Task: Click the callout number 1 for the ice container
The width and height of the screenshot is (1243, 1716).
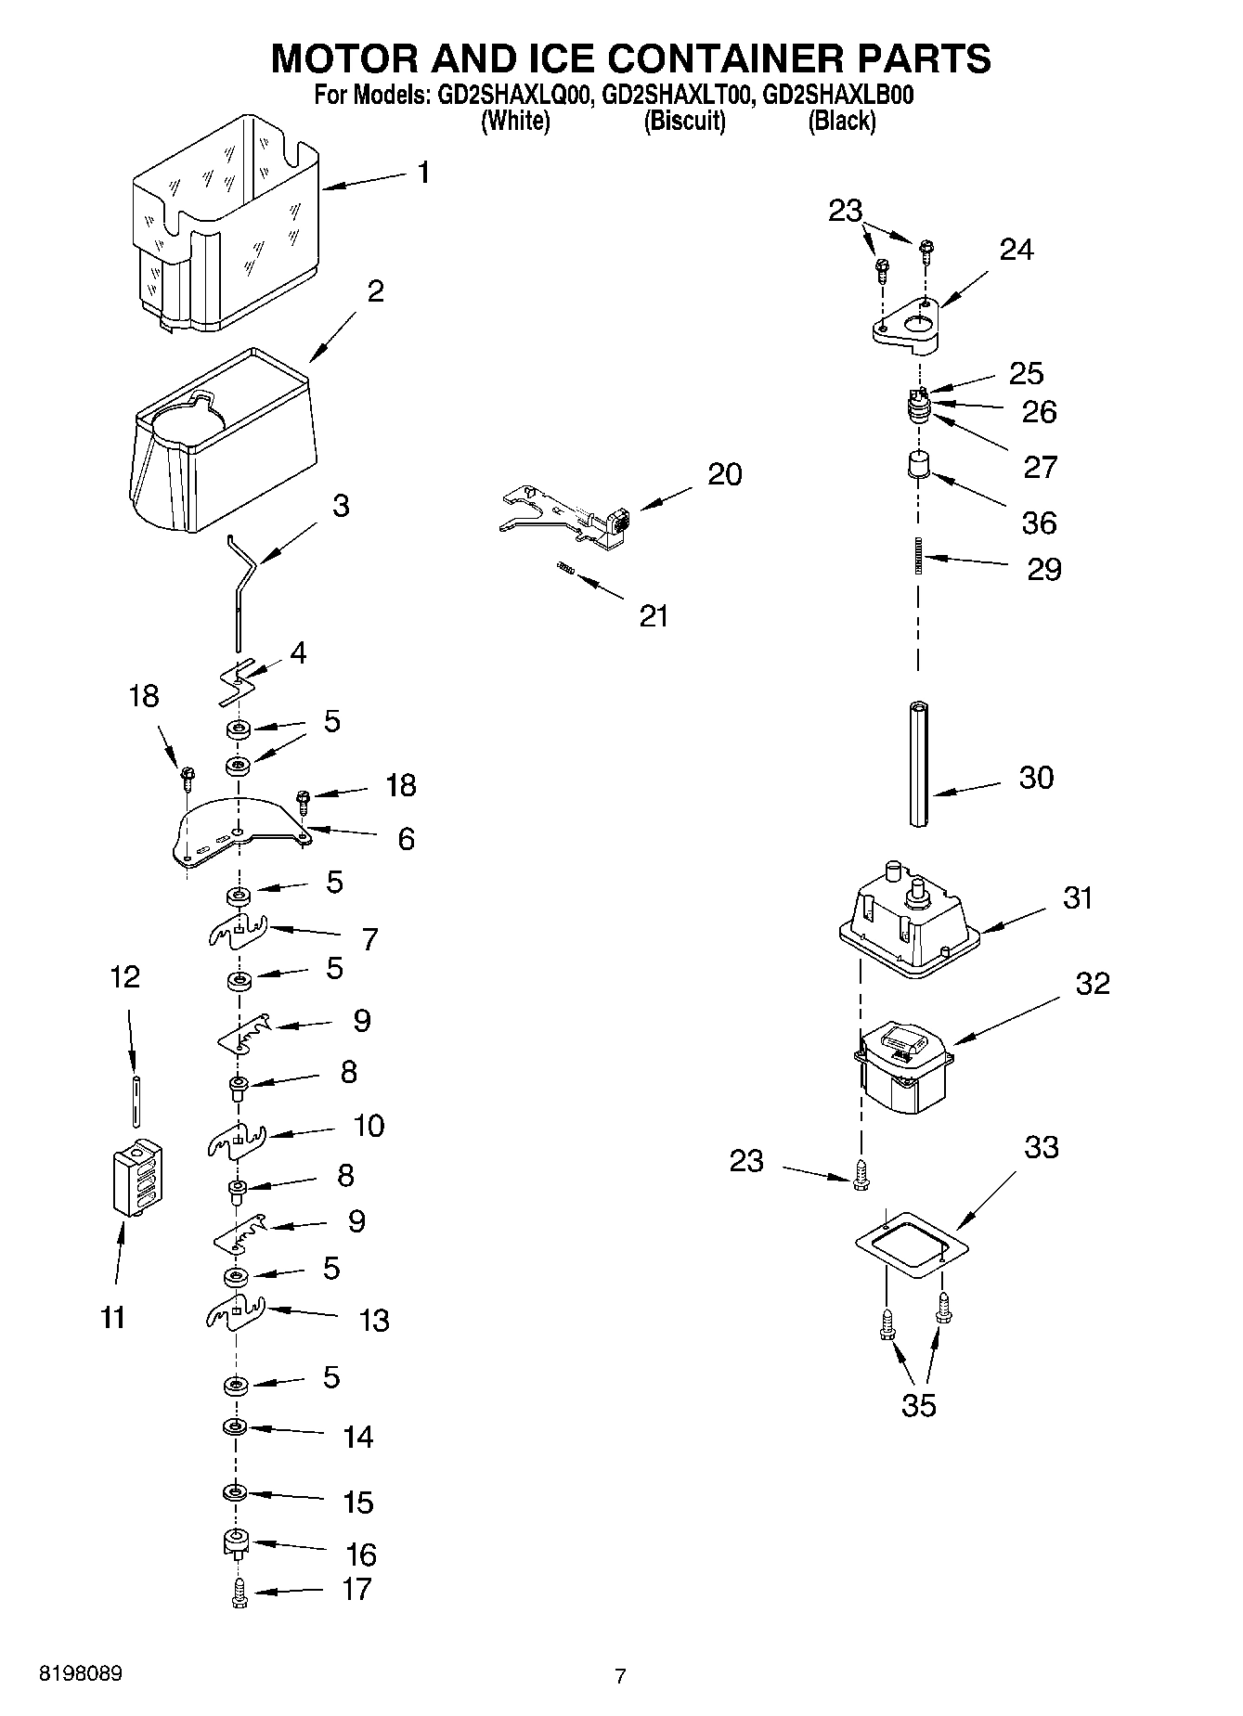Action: click(x=423, y=173)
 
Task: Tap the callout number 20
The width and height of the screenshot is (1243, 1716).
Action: click(x=724, y=474)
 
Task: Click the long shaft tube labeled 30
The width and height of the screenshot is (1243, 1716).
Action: click(x=919, y=764)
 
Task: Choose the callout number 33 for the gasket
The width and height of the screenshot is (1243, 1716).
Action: click(x=1041, y=1147)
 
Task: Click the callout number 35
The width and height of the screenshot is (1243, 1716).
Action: click(x=919, y=1405)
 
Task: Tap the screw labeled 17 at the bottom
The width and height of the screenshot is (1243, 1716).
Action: click(x=240, y=1593)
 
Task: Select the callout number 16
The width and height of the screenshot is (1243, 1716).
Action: click(x=360, y=1554)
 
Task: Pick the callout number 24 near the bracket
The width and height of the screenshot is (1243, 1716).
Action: click(x=1016, y=249)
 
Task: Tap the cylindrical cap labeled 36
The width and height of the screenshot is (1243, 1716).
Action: click(x=918, y=464)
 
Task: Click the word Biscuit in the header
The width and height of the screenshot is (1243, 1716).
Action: click(x=684, y=121)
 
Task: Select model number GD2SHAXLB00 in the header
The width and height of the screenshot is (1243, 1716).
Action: click(x=837, y=95)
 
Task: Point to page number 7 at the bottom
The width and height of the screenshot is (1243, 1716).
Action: click(x=620, y=1676)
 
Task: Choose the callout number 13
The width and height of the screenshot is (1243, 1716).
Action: click(x=374, y=1320)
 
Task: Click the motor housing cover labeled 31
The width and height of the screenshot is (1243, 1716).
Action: click(x=905, y=920)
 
